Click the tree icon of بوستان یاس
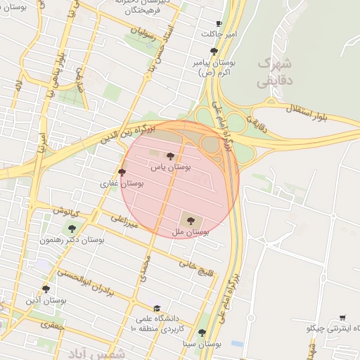170,156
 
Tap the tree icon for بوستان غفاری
122,172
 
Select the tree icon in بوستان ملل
192,220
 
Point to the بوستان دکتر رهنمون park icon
71,229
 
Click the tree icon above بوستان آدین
46,289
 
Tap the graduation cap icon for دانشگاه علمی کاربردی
157,309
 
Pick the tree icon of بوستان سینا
202,333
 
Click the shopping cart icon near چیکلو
342,318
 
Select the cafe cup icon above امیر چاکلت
219,23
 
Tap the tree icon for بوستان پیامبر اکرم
214,51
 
